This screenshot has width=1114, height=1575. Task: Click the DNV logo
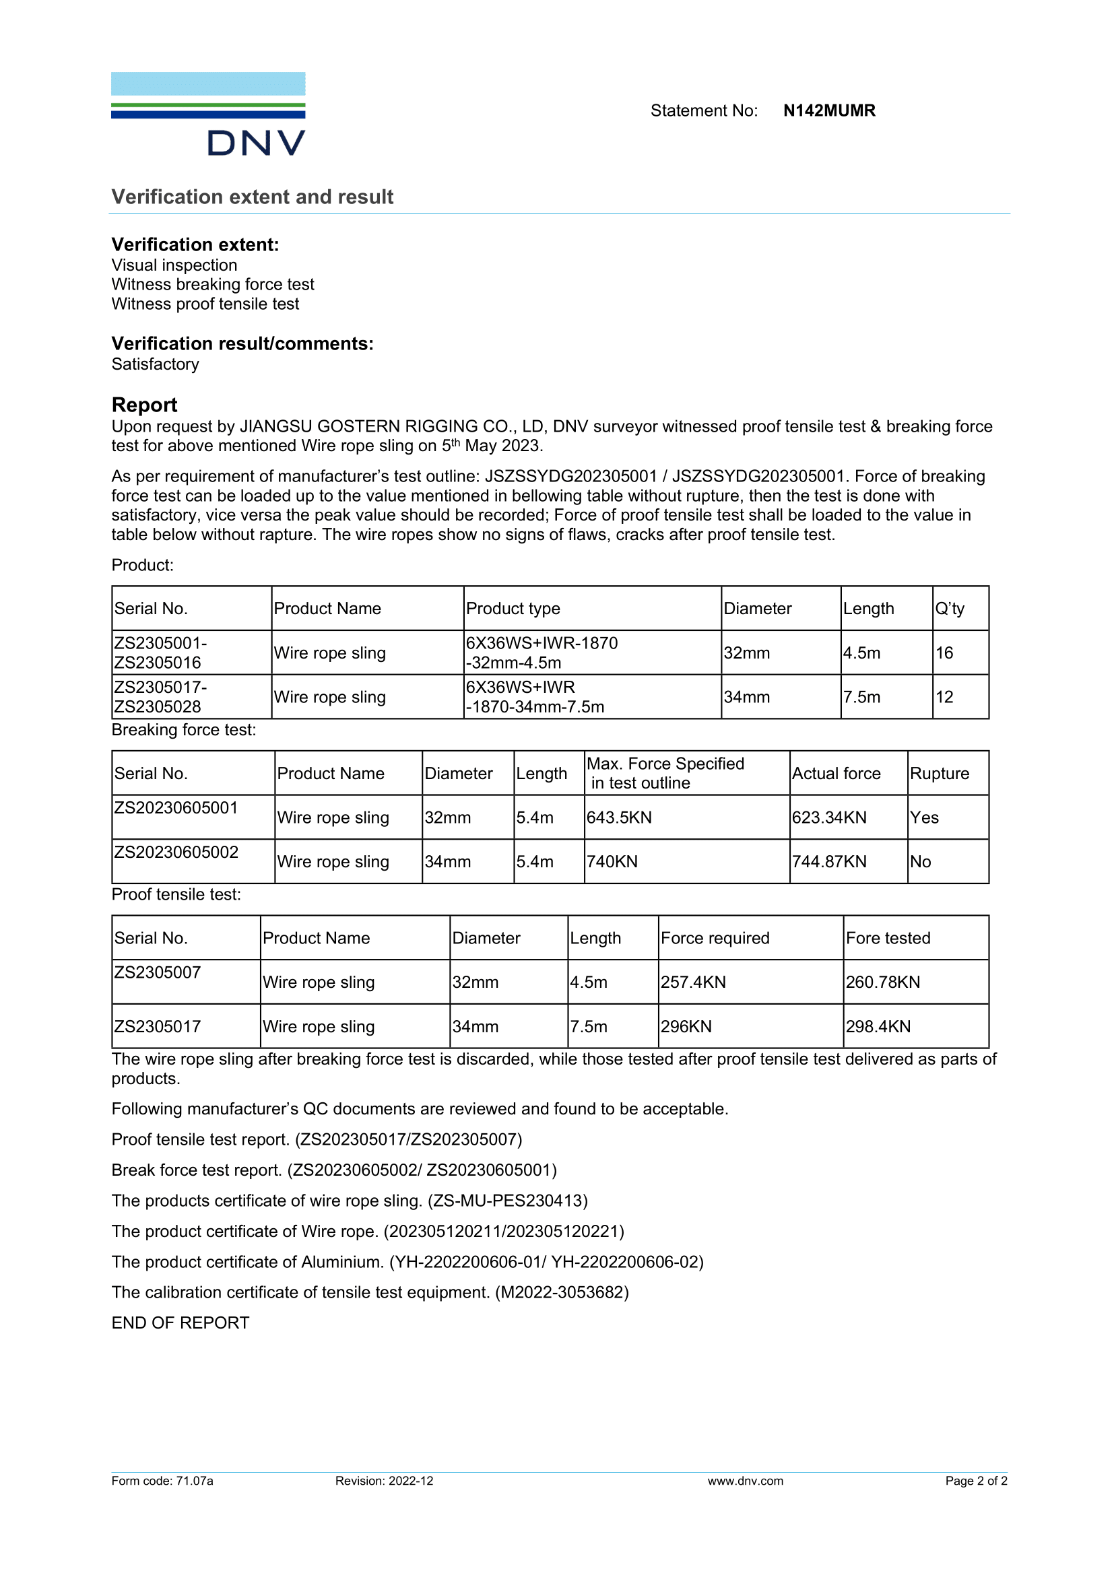coord(208,114)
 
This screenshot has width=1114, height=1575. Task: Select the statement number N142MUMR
coord(828,110)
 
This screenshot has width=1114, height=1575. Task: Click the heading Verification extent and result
coord(253,197)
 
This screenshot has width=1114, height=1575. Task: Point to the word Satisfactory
coord(155,364)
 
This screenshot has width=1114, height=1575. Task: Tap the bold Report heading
coord(144,405)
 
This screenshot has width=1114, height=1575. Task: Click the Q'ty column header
coord(950,609)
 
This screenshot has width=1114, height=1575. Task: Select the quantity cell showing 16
coord(944,653)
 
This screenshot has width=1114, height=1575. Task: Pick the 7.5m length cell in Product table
coord(861,697)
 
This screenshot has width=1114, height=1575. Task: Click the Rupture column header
coord(939,773)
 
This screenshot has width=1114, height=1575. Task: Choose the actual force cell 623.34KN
coord(828,817)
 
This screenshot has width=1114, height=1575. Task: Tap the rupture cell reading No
coord(920,862)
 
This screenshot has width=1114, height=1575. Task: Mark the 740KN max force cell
coord(612,862)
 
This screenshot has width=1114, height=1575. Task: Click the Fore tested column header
coord(888,938)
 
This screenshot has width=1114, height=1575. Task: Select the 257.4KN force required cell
coord(693,982)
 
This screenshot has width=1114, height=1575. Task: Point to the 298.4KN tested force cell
coord(878,1026)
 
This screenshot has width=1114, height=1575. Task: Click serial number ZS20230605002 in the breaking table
coord(176,852)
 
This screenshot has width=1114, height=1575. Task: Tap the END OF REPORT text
coord(181,1322)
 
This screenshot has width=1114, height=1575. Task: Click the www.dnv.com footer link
coord(745,1481)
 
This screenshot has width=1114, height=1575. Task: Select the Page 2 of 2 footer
coord(975,1481)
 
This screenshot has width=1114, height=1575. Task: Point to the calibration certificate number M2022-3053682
coord(562,1292)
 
